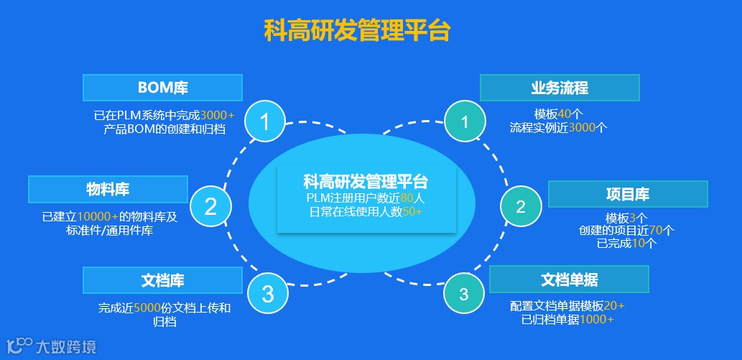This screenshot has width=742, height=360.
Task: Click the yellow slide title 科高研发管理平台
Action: coord(357,31)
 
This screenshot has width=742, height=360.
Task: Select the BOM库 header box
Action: coord(162,88)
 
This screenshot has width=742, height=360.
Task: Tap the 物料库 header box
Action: coord(108,190)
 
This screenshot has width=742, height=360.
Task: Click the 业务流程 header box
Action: coord(560,88)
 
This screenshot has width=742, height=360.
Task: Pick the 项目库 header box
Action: coord(628,194)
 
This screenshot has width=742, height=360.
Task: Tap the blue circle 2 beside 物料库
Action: coord(210,207)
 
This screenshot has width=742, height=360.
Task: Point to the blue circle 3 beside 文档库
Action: coord(267,293)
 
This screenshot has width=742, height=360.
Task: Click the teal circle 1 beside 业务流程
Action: coord(465,121)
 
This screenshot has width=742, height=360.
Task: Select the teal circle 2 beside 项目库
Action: coord(521,207)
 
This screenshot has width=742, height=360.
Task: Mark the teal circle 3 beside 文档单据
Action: coord(464,293)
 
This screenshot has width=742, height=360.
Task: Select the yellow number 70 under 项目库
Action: coord(656,231)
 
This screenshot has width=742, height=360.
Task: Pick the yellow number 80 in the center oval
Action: coord(408,198)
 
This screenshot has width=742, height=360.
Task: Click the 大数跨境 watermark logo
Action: coord(50,346)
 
